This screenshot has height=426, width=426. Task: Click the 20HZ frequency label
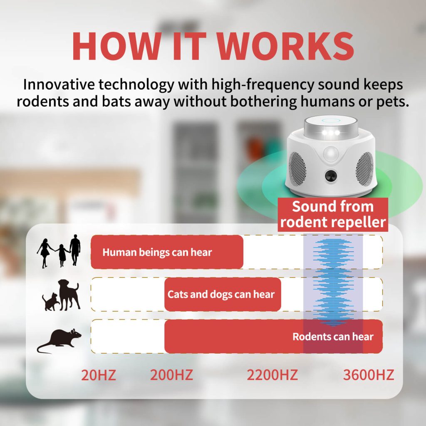tap(98, 375)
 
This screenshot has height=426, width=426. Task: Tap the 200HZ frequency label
tap(171, 375)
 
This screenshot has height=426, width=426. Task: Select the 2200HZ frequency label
tap(272, 375)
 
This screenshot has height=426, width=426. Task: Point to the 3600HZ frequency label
tap(369, 375)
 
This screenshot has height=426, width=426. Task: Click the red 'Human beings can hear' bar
tap(167, 252)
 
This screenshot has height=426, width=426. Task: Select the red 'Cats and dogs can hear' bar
tap(223, 295)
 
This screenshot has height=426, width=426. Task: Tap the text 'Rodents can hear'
tap(333, 337)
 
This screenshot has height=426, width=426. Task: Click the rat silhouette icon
tap(59, 341)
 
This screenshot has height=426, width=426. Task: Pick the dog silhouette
tap(69, 295)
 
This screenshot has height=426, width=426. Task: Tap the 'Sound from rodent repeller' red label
tap(333, 214)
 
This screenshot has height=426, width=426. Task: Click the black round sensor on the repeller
tap(331, 175)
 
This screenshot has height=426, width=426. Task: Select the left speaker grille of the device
tap(297, 168)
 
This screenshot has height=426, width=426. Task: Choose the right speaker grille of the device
tap(364, 168)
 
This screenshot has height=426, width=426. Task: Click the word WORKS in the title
tap(285, 46)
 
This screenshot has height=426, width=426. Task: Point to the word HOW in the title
tap(116, 46)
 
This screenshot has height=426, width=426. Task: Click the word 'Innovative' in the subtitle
tap(59, 84)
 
